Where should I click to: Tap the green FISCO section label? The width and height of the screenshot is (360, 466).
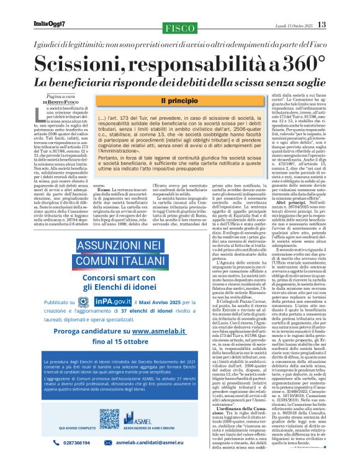coord(179,28)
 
